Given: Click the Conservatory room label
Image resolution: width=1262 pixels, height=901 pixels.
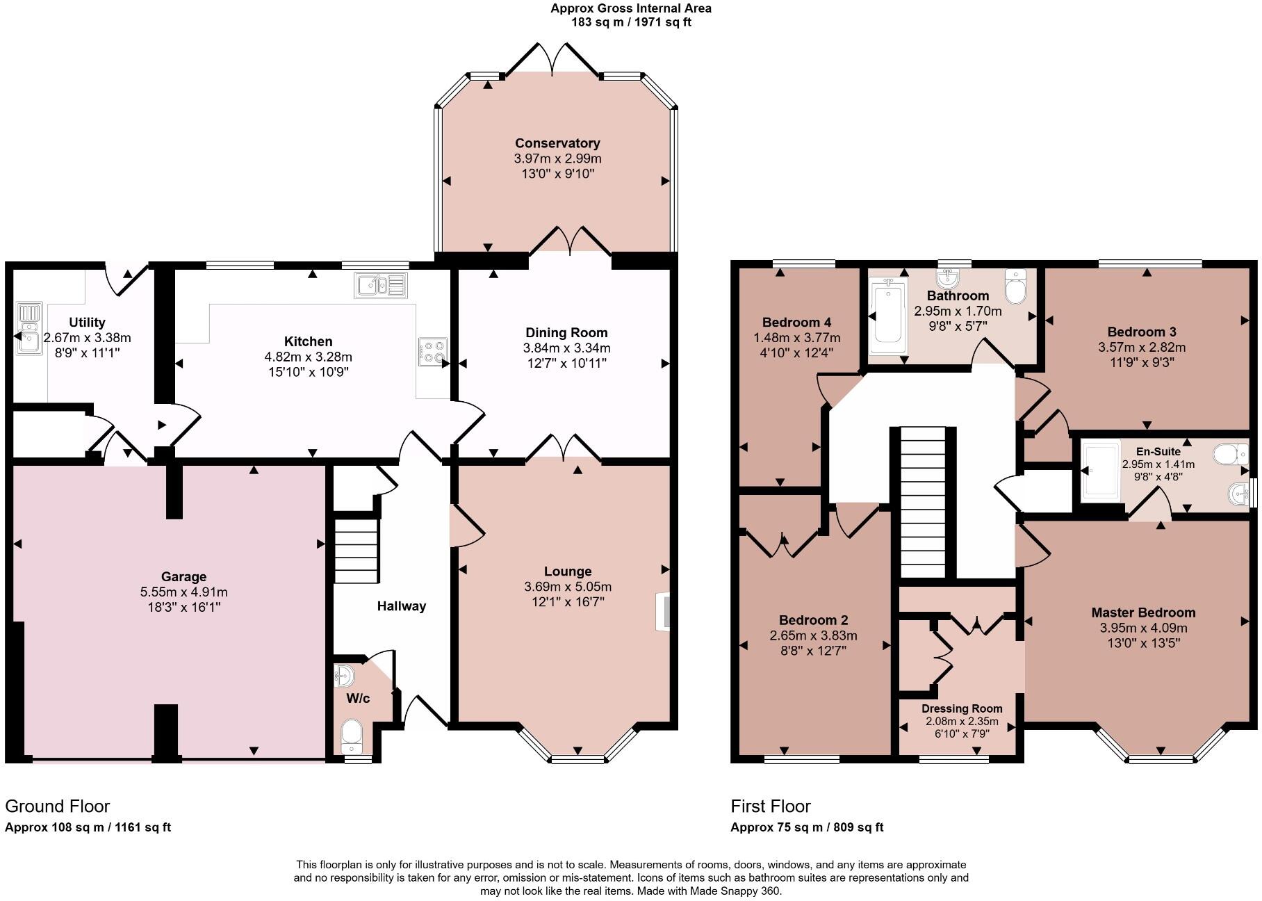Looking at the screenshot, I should click(x=557, y=143).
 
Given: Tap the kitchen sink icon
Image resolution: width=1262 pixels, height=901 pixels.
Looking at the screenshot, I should click(x=380, y=284).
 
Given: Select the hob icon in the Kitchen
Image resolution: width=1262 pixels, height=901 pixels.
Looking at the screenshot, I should click(x=432, y=352).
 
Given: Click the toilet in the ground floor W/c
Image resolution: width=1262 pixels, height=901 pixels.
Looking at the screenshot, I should click(x=352, y=736).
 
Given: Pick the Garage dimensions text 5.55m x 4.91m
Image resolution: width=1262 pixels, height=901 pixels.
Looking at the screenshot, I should click(x=183, y=592).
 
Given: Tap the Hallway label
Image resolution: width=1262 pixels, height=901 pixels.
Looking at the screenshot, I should click(x=401, y=606).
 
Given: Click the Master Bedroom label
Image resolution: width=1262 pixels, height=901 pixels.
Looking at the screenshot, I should click(x=1143, y=612).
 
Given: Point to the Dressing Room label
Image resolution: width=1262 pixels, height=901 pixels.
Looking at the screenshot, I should click(x=962, y=708).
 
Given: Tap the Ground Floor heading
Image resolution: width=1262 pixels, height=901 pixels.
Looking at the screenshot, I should click(x=58, y=806).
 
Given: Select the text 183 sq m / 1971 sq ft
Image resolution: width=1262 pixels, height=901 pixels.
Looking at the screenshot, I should click(x=631, y=22).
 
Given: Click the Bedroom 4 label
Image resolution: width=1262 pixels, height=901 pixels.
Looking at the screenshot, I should click(x=796, y=323).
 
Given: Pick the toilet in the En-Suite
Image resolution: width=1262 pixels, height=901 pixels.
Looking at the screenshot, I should click(x=1230, y=455).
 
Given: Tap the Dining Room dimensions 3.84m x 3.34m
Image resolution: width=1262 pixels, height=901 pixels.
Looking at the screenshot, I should click(x=566, y=348).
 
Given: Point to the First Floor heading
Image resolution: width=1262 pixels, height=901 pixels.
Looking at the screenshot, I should click(x=770, y=806).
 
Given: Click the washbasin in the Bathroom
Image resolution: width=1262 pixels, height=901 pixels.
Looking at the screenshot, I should click(x=947, y=279).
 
